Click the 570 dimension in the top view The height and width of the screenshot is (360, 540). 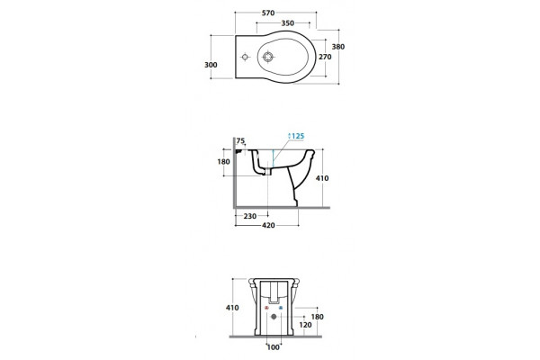(268, 13)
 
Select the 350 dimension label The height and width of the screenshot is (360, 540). (288, 23)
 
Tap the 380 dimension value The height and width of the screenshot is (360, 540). (338, 47)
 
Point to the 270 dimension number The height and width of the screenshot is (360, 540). (325, 57)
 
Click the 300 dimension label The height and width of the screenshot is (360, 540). (211, 65)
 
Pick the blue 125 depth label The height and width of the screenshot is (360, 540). (296, 136)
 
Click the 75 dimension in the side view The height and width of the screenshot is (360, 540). (240, 140)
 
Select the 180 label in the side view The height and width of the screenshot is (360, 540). (223, 162)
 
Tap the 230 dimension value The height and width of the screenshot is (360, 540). (249, 216)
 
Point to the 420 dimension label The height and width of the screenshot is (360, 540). (268, 225)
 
